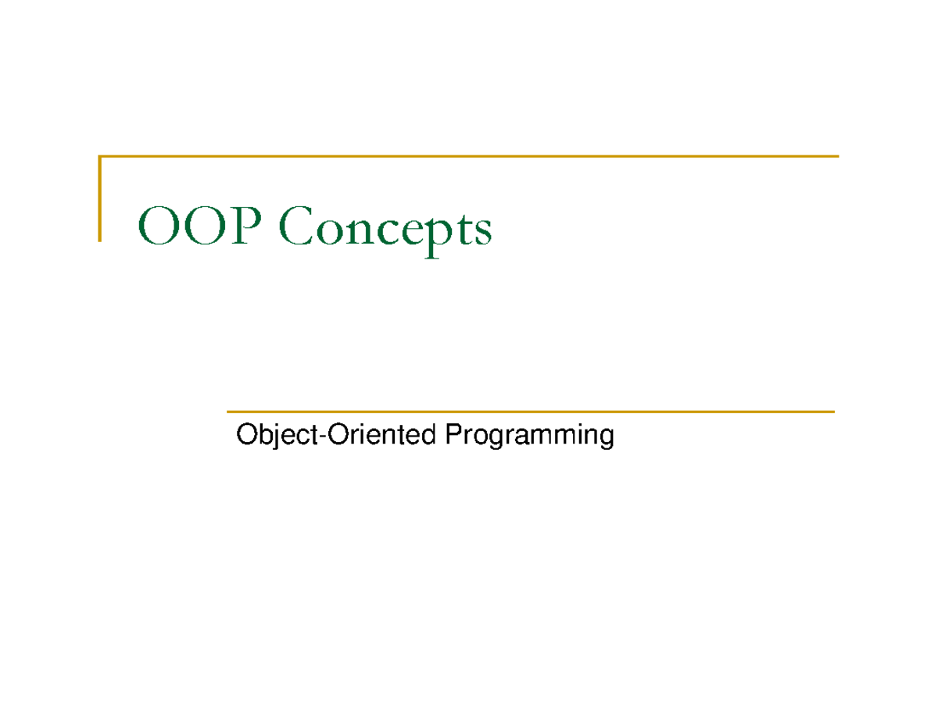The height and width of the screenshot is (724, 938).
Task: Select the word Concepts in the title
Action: [385, 228]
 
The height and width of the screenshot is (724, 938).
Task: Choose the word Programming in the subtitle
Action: [528, 436]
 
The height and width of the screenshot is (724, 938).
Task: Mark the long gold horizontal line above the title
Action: [469, 157]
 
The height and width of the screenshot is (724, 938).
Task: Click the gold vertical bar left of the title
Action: [100, 198]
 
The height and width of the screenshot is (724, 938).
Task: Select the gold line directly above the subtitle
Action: [530, 411]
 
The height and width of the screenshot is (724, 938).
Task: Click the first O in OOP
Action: [155, 226]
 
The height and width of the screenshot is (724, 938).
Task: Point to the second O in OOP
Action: [199, 226]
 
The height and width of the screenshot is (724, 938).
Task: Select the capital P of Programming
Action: [452, 434]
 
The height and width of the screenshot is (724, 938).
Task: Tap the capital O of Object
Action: [245, 434]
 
